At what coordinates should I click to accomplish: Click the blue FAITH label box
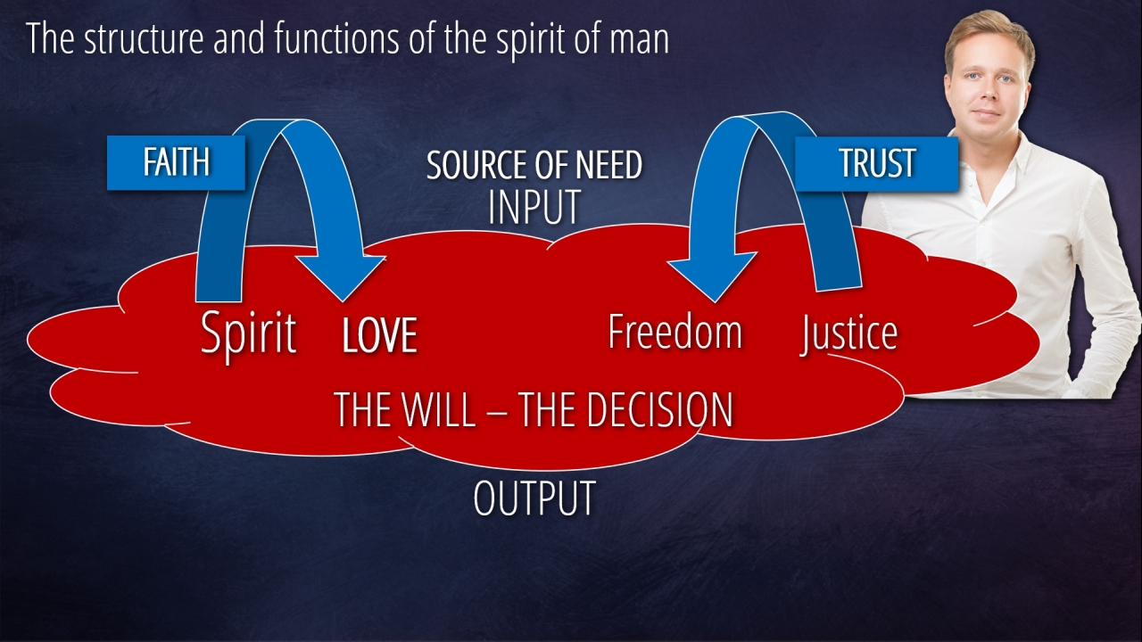tap(176, 162)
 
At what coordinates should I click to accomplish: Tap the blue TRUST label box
tap(876, 163)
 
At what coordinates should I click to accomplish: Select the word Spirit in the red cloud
tap(248, 333)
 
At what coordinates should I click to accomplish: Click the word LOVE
tap(379, 335)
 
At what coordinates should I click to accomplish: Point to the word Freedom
tap(674, 332)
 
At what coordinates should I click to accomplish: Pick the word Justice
tap(848, 333)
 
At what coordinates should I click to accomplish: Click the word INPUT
tap(534, 207)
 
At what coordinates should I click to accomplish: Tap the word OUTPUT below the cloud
tap(534, 498)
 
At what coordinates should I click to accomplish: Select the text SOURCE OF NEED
tap(534, 166)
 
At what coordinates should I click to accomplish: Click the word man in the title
tap(641, 40)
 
